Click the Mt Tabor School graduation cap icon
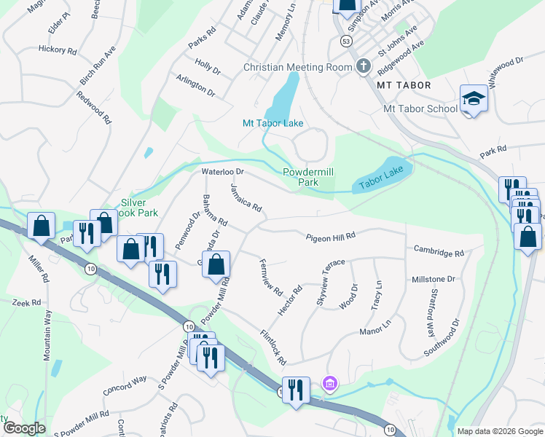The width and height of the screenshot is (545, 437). coord(474,98)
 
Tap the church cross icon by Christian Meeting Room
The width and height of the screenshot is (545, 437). coord(363,67)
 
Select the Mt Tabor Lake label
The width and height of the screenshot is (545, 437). coord(272,123)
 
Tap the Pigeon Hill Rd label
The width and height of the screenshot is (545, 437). coord(330,237)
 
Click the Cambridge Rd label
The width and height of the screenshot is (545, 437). coord(439,253)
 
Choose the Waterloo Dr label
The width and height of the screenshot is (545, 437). coord(221,172)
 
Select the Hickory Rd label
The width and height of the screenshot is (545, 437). coord(58,51)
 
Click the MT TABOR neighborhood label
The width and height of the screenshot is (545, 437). coord(404,85)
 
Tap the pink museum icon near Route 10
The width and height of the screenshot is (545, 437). coord(329,383)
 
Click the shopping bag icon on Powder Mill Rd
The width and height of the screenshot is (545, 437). coord(216,265)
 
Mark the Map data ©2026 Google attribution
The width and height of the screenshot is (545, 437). coord(499,431)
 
